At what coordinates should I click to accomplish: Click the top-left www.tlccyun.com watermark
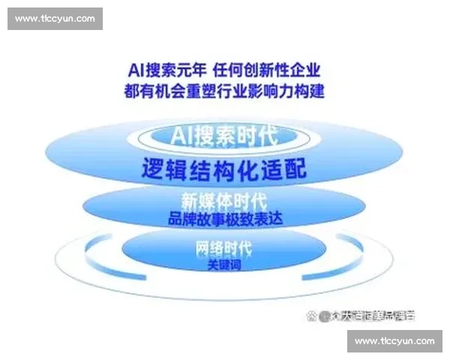[x=55, y=18]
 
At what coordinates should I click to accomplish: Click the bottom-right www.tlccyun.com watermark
[x=394, y=341]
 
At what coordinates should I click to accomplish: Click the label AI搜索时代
[x=224, y=136]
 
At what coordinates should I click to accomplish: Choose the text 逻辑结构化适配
[x=224, y=168]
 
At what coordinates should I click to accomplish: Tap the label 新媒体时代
[x=224, y=202]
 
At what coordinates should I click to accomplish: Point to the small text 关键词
[x=223, y=265]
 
